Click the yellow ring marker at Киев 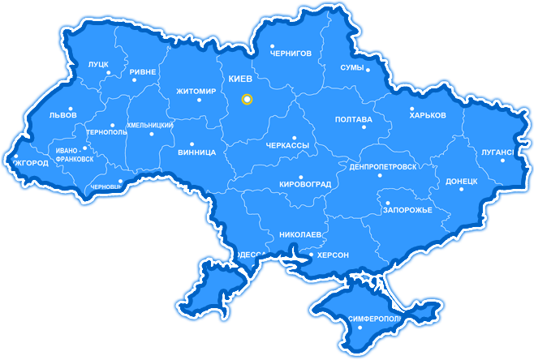[248, 100]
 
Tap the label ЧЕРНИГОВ [291, 54]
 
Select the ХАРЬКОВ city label [428, 116]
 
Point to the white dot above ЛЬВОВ [71, 109]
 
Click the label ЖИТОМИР [196, 92]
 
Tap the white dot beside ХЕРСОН [312, 255]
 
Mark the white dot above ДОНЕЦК [462, 189]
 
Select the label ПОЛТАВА [354, 120]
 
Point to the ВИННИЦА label [196, 152]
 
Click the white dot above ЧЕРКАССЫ [295, 138]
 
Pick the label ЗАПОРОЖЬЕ [407, 211]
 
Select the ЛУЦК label [98, 63]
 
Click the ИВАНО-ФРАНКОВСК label [74, 155]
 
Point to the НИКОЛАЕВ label [301, 235]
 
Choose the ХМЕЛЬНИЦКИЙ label [150, 126]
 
